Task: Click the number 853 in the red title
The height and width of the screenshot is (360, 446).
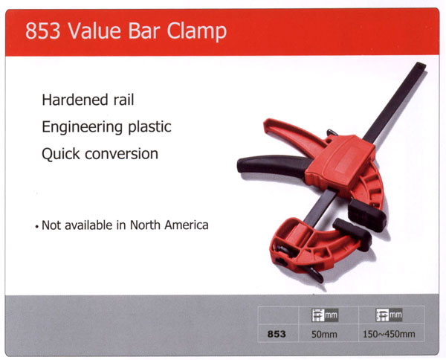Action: pos(42,30)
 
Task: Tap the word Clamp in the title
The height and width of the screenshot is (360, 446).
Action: pos(196,31)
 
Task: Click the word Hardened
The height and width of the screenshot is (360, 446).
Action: pos(75,100)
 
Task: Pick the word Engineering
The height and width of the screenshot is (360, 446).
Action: pos(83,127)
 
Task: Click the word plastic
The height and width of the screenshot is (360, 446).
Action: pos(150,127)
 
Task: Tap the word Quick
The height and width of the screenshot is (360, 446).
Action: pos(61,154)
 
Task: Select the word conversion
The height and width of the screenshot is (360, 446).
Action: pos(122,154)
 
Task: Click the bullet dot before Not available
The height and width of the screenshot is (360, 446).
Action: pos(36,227)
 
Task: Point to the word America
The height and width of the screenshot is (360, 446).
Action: pos(187,225)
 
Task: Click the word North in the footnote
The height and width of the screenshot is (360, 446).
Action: pos(146,225)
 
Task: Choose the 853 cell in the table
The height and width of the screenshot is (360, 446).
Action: pos(277,334)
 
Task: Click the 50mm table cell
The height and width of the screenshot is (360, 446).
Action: pos(324,334)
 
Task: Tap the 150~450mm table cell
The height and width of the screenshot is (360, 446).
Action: pos(389,334)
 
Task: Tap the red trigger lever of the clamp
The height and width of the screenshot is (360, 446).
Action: pos(296,133)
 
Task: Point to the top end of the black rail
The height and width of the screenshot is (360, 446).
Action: pos(421,65)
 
